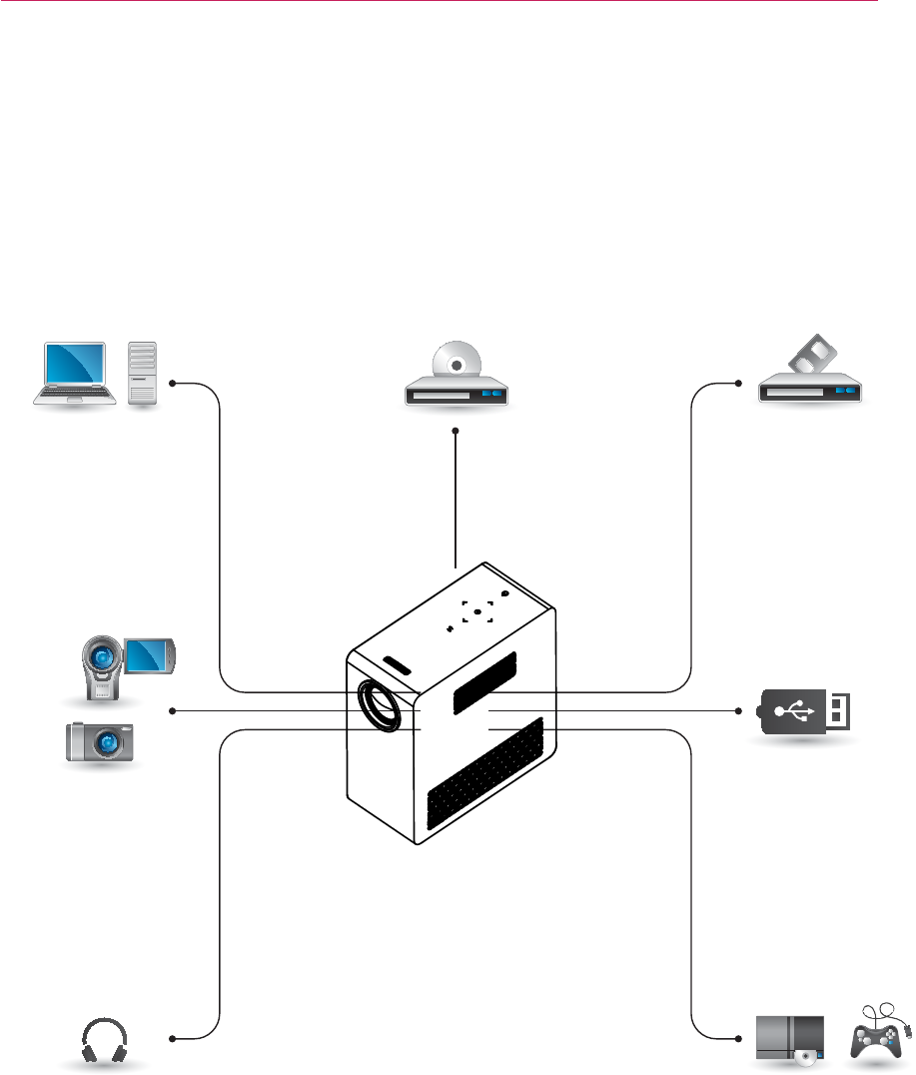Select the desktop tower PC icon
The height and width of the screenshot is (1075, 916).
pyautogui.click(x=144, y=372)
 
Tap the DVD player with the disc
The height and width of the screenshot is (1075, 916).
pyautogui.click(x=457, y=381)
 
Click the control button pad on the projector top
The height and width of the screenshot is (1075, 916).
pyautogui.click(x=477, y=612)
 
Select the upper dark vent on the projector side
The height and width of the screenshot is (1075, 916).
pyautogui.click(x=485, y=684)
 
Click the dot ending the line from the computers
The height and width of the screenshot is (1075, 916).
pyautogui.click(x=173, y=383)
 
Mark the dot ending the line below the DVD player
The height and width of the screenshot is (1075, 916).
pyautogui.click(x=456, y=432)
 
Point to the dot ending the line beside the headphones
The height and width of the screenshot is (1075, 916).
pyautogui.click(x=173, y=1039)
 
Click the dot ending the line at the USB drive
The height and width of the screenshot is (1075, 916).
pyautogui.click(x=739, y=711)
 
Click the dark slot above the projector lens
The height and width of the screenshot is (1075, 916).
pyautogui.click(x=398, y=665)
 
